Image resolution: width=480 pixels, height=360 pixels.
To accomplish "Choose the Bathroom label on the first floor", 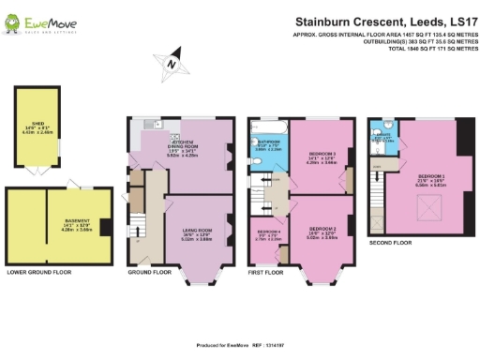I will click(x=269, y=147).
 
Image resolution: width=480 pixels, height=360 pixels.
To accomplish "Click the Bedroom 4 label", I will click(x=269, y=234).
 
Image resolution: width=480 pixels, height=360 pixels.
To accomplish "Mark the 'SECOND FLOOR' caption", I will click(x=390, y=243).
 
